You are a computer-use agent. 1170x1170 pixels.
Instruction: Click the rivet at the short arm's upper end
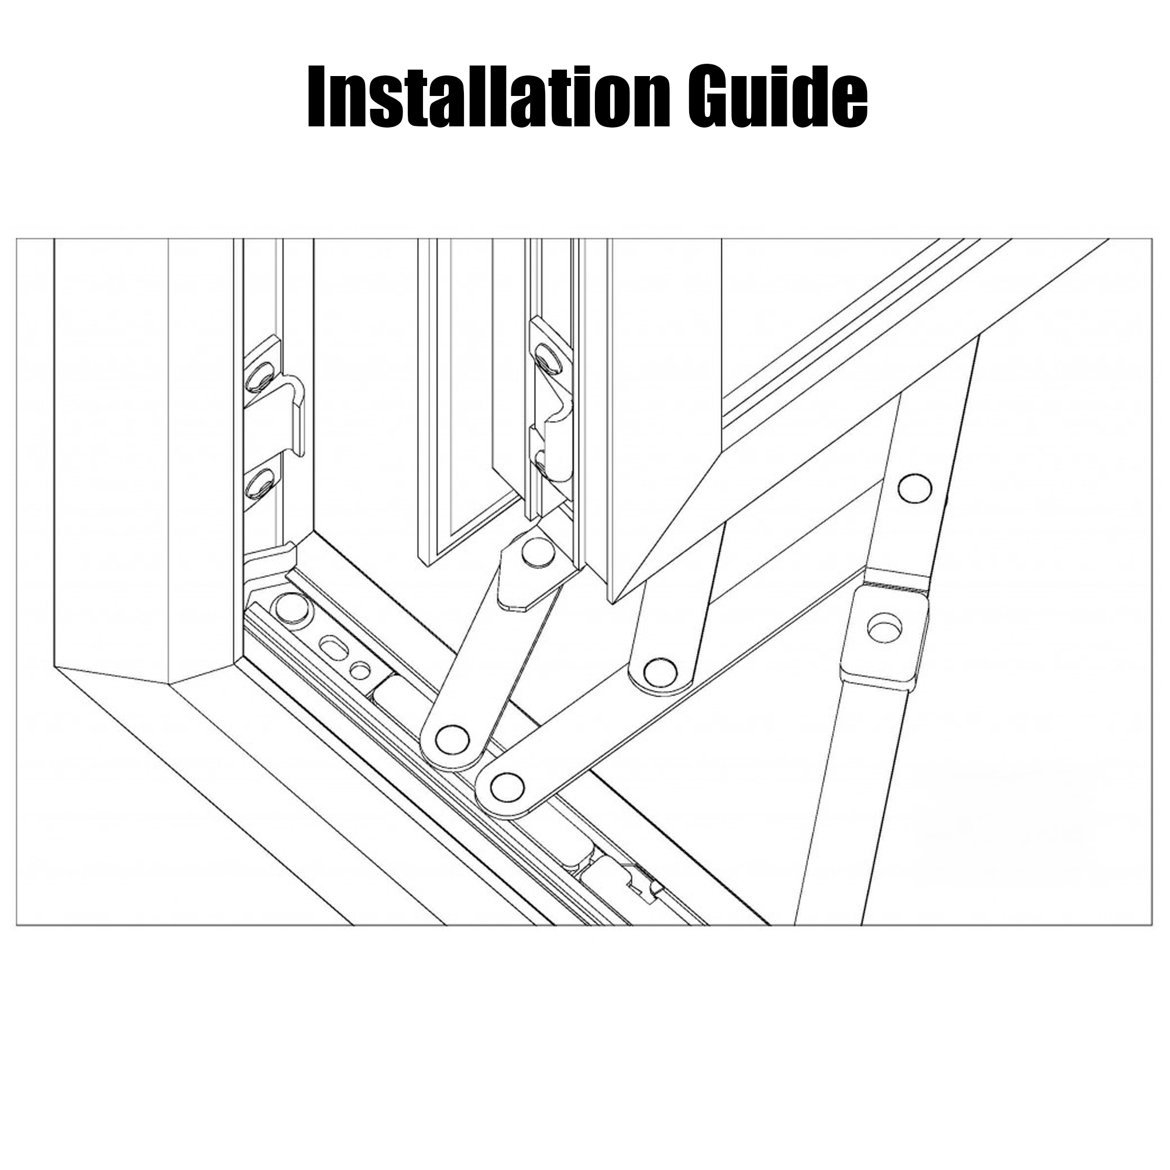538,552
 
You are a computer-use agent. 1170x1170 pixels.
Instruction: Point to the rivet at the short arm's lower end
452,738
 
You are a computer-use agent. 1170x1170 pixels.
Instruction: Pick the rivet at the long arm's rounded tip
507,786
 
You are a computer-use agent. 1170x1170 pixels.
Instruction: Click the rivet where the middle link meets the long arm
660,670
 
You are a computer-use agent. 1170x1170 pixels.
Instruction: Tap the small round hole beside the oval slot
360,670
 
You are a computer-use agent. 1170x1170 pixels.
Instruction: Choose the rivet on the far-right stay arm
914,488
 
